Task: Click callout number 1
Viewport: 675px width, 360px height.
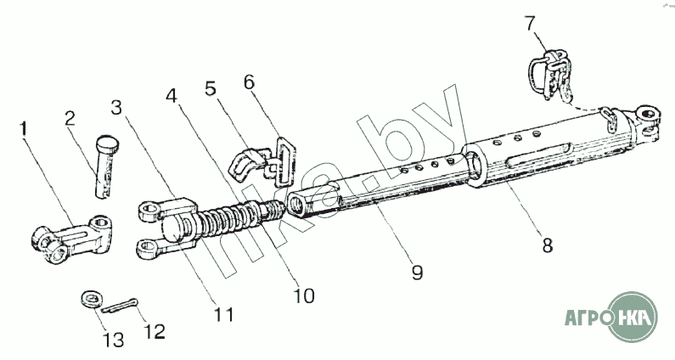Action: pos(25,130)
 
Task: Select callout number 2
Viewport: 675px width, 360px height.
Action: pos(70,119)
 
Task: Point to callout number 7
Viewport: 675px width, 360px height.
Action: pos(531,20)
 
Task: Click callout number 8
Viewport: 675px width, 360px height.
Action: pos(548,247)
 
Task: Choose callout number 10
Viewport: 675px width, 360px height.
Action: pos(303,296)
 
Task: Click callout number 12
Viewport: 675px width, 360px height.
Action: pos(155,329)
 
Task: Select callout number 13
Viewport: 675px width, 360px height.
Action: pos(113,340)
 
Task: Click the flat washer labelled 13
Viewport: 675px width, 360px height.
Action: pos(90,298)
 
